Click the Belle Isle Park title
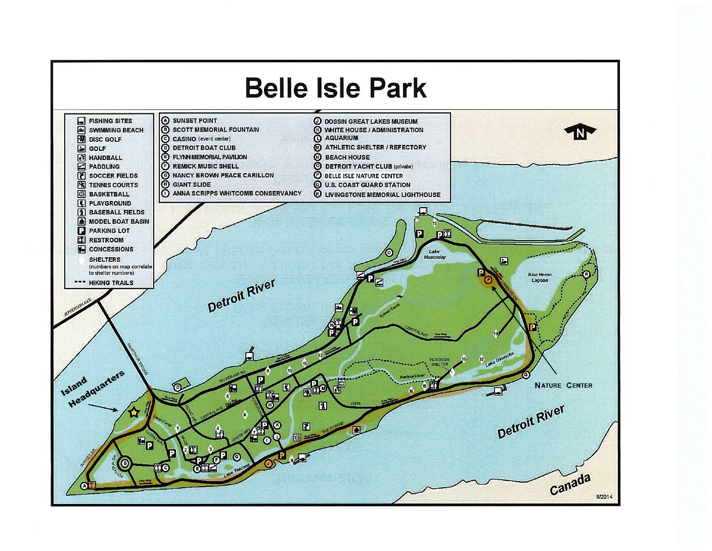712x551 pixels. [x=335, y=88]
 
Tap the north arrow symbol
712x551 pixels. [x=580, y=132]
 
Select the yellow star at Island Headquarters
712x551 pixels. [x=133, y=412]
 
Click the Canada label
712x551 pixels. [x=570, y=485]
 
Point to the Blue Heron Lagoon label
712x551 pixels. [x=540, y=277]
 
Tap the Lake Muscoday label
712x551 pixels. [x=434, y=254]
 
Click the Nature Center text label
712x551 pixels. [x=563, y=385]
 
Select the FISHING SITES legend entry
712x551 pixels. [x=110, y=121]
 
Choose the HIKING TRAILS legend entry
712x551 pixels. [x=111, y=283]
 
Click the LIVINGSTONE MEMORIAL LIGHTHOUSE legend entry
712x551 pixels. [x=382, y=194]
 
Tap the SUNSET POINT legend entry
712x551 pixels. [x=194, y=121]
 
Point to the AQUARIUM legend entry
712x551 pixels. [x=341, y=138]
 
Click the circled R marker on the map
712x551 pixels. [x=586, y=274]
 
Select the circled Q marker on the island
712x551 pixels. [x=526, y=375]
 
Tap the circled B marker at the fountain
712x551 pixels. [x=125, y=462]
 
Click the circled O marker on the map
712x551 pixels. [x=389, y=253]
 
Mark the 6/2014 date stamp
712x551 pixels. [x=604, y=497]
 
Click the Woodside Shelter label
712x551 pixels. [x=439, y=362]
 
